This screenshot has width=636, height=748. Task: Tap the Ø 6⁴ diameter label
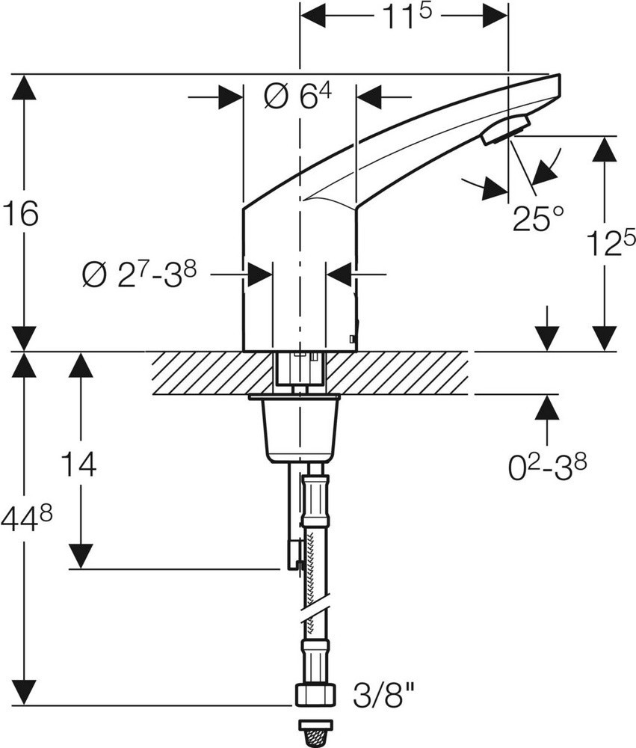(297, 96)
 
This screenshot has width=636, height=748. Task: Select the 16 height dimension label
(20, 213)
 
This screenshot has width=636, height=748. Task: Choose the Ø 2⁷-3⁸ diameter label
(139, 275)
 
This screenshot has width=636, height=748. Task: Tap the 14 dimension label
(79, 463)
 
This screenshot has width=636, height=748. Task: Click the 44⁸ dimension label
(25, 520)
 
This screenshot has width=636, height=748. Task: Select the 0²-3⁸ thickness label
(547, 467)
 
